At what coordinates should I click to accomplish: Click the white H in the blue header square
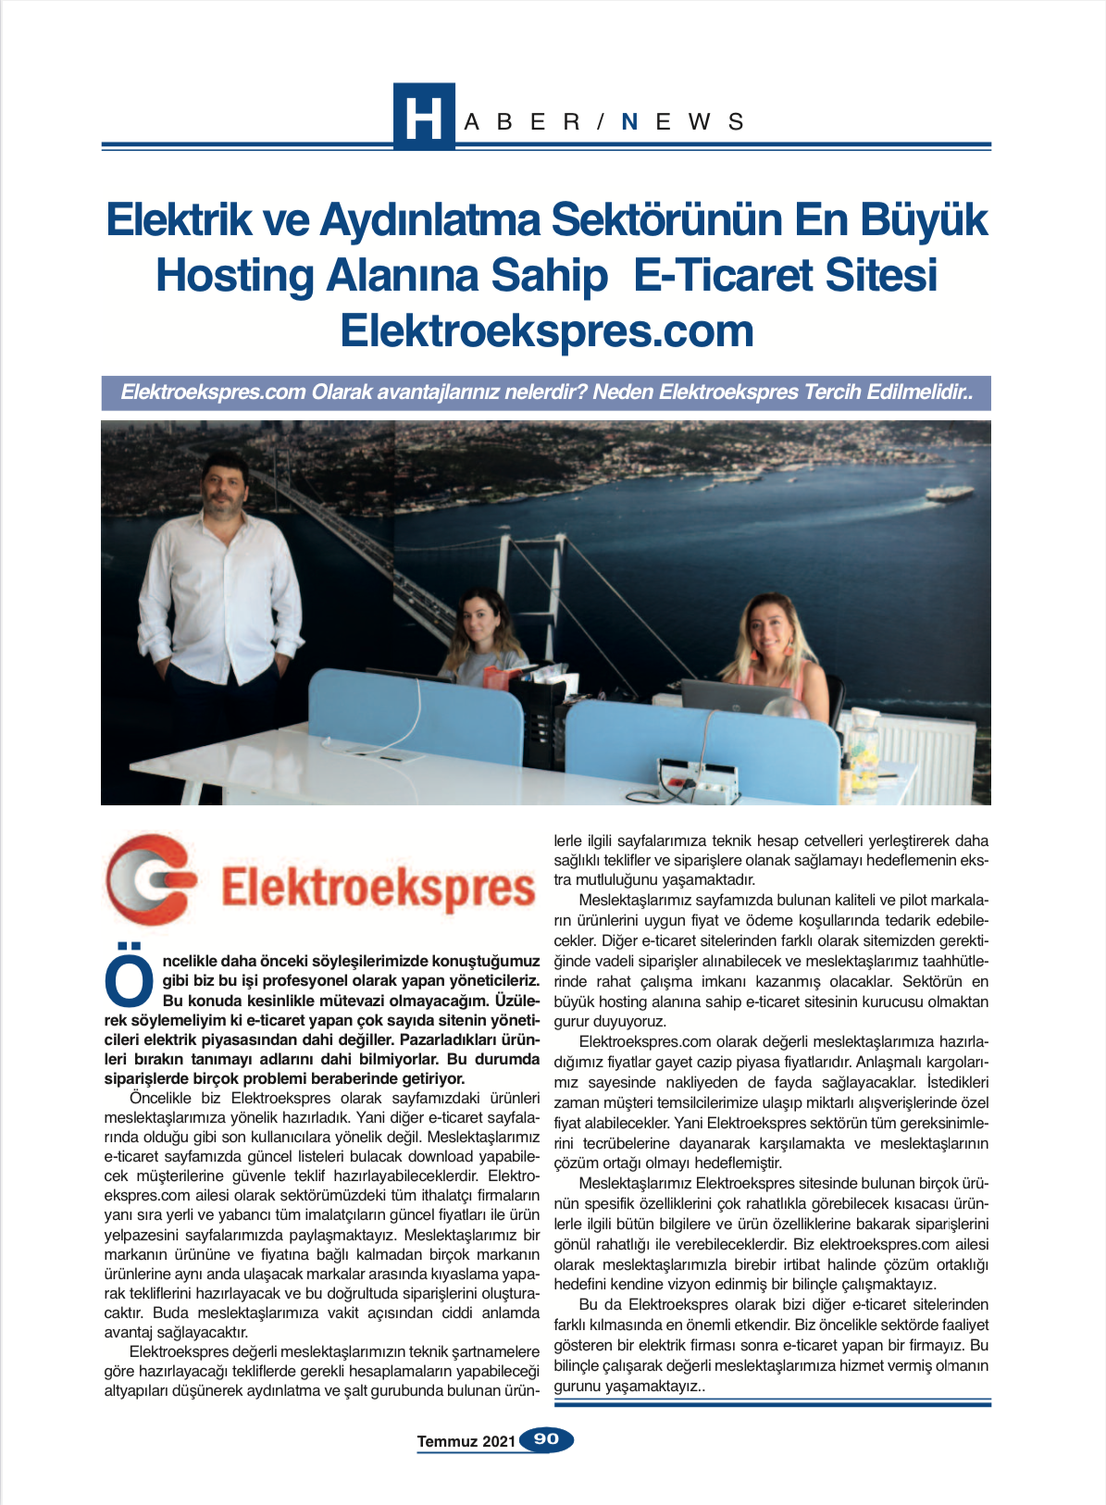point(423,118)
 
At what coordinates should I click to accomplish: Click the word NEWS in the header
point(683,122)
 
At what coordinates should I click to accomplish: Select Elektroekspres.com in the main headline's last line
point(547,331)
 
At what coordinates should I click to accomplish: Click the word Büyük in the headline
point(924,220)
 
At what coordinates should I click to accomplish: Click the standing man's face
point(223,485)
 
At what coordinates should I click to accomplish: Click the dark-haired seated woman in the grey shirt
point(484,639)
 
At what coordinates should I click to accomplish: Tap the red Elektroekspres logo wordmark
point(378,887)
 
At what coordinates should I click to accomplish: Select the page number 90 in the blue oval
point(547,1439)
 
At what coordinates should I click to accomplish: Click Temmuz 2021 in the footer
point(466,1441)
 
